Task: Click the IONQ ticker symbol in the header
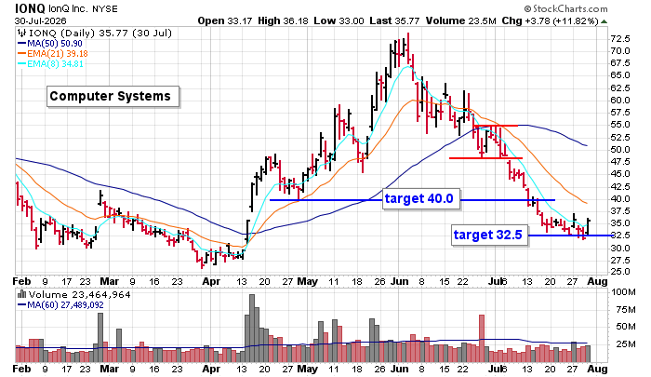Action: click(30, 8)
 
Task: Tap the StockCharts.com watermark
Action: click(565, 8)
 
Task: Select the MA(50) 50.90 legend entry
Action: click(50, 44)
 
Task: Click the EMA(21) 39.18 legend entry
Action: click(52, 54)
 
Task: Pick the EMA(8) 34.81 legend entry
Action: click(50, 63)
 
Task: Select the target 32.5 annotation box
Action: click(489, 235)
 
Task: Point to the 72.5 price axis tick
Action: click(620, 39)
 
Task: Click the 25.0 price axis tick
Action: click(620, 272)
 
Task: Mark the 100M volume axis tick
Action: click(623, 291)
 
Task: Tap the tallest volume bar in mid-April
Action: click(252, 328)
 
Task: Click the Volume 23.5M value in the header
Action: click(461, 20)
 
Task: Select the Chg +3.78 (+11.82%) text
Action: click(550, 20)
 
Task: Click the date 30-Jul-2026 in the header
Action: click(41, 20)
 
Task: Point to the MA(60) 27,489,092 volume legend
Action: click(60, 305)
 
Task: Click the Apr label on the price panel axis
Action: click(211, 281)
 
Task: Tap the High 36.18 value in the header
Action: click(283, 20)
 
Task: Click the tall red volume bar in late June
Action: click(482, 338)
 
